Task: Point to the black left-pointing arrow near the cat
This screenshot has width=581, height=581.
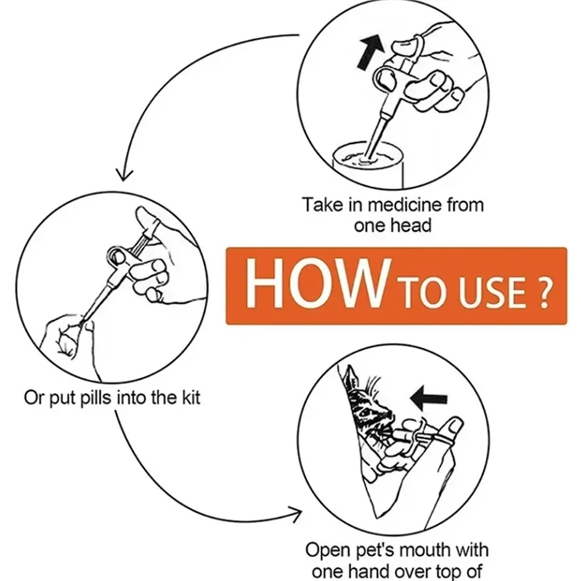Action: [x=429, y=397]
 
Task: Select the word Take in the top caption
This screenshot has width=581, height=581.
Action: [x=320, y=205]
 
